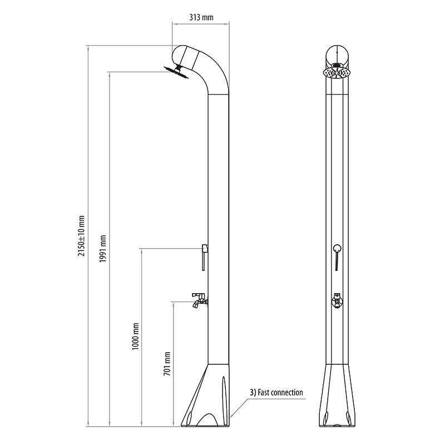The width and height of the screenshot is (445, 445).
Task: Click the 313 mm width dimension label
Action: (201, 18)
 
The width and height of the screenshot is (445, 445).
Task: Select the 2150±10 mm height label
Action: (81, 236)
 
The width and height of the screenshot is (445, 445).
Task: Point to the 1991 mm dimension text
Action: (103, 249)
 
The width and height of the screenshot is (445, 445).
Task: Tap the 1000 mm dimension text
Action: (135, 337)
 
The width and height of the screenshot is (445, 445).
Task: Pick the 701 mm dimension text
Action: (167, 364)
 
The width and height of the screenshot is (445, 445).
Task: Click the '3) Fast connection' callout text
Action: (276, 393)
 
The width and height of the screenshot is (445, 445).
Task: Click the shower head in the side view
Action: (176, 72)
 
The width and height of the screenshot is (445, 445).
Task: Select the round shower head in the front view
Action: (337, 72)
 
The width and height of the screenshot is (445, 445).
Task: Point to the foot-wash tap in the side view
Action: (200, 300)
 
